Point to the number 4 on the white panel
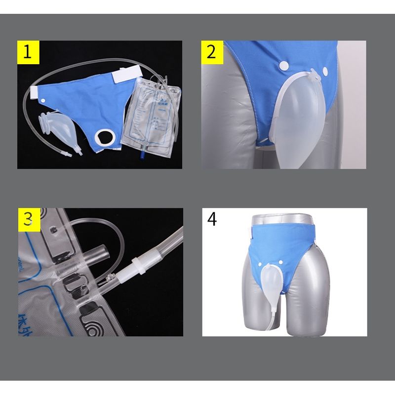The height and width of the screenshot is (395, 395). (212, 219)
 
